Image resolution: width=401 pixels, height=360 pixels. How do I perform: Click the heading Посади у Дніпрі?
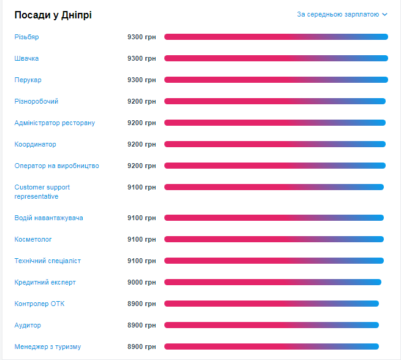(x=53, y=15)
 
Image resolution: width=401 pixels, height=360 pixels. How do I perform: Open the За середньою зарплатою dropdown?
(x=342, y=14)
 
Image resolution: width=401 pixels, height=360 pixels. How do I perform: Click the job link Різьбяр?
(x=26, y=37)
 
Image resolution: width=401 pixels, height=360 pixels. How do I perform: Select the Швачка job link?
(x=26, y=58)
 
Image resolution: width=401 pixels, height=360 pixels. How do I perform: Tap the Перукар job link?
(x=28, y=80)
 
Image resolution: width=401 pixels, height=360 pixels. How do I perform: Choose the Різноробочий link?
(x=36, y=101)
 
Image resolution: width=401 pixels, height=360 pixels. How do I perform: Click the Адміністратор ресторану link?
(x=55, y=123)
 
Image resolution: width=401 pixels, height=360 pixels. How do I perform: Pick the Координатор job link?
(x=35, y=144)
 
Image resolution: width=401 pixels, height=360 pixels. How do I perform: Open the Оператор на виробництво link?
(x=56, y=166)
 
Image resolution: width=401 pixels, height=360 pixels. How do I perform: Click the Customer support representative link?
(x=42, y=191)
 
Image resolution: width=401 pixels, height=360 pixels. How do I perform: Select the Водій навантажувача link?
(x=48, y=218)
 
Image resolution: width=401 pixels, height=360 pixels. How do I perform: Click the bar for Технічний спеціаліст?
(x=273, y=261)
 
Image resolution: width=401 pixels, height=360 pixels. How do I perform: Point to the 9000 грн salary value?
(x=142, y=282)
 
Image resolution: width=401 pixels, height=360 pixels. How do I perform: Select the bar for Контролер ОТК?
(x=271, y=304)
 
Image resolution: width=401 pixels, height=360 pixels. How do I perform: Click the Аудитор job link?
(x=28, y=325)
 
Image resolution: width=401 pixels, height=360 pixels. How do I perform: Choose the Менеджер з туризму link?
(x=47, y=347)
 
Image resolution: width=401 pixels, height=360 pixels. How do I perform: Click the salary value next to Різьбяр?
(x=142, y=37)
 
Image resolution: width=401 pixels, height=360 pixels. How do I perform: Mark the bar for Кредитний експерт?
(x=272, y=282)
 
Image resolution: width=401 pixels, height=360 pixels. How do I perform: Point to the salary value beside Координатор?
(x=142, y=144)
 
